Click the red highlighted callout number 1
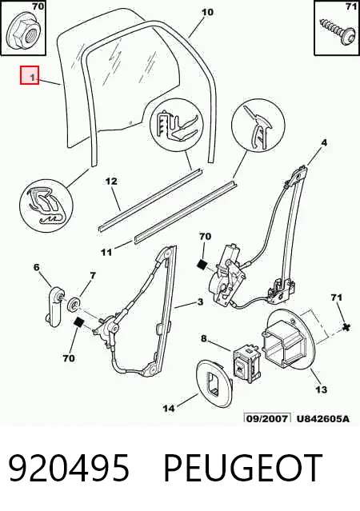coord(30,75)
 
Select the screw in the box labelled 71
coord(338,33)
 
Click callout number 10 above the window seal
coord(207,12)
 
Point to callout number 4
coord(323,142)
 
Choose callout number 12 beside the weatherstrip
coord(111,182)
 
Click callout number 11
coord(106,252)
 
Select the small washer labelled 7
coord(75,305)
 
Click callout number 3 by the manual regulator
coord(200,301)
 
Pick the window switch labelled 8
coord(246,362)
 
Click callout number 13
coord(321,389)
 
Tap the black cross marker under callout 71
coord(346,327)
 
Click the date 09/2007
coord(267,418)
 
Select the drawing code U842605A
coord(323,418)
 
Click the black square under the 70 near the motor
coord(202,265)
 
